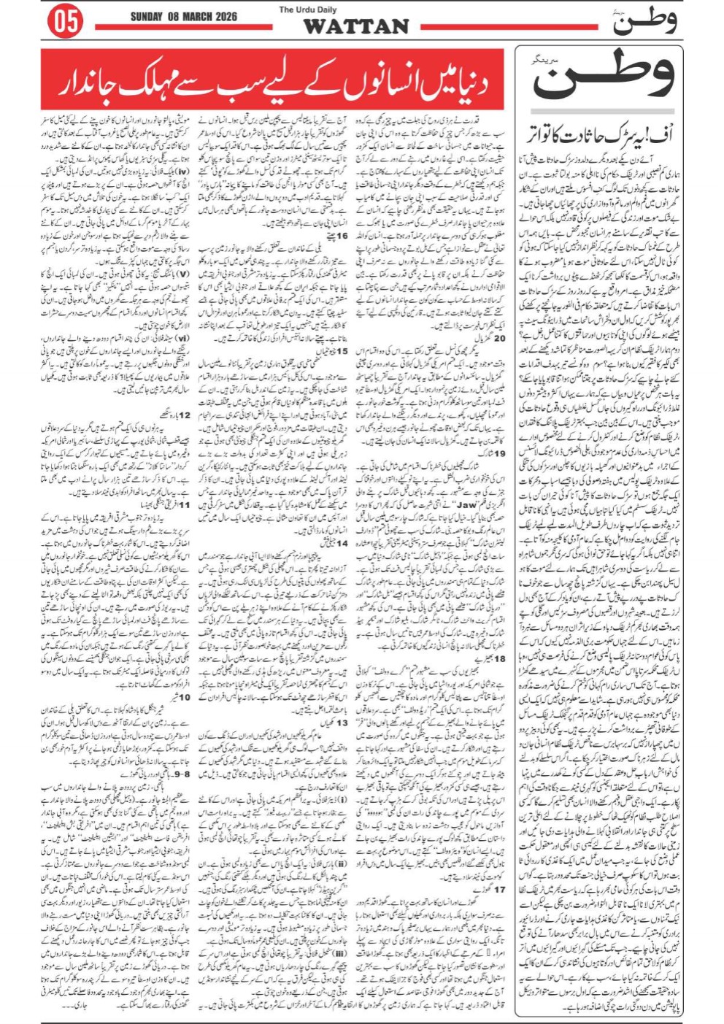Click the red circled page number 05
[x=64, y=23]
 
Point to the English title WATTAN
[x=356, y=26]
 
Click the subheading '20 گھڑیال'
[x=496, y=339]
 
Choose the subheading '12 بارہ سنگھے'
[x=173, y=415]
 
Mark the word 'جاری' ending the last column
[x=80, y=1006]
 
